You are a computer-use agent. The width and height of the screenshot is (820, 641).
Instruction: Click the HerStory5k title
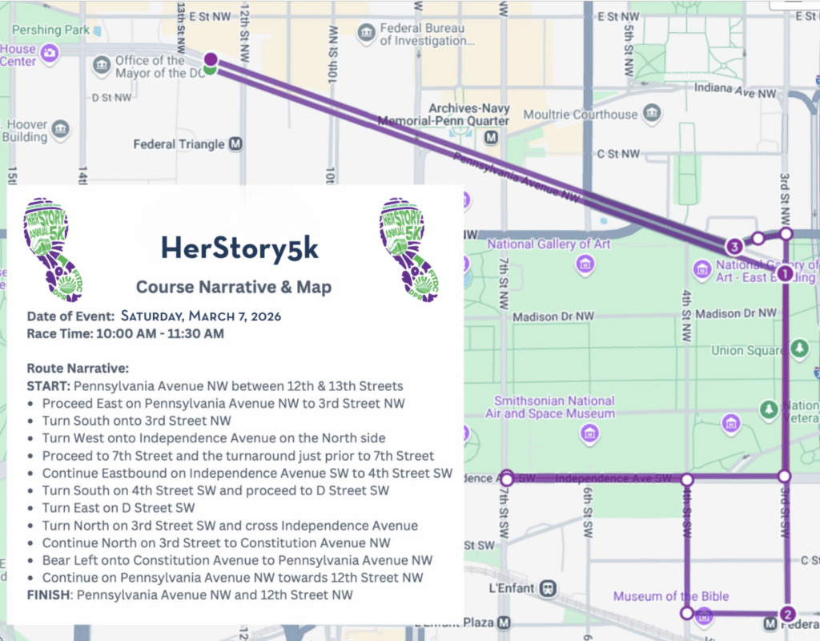pos(239,248)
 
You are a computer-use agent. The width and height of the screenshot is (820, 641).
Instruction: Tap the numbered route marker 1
pos(785,273)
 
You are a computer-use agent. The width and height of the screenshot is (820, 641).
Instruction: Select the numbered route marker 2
pos(787,614)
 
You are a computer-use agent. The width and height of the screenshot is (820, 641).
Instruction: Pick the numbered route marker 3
pos(733,246)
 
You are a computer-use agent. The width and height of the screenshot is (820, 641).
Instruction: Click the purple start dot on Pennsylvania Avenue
pos(211,58)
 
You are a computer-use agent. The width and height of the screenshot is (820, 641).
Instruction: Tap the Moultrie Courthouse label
pos(581,115)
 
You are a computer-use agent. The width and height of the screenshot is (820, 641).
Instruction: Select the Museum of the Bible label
pos(671,596)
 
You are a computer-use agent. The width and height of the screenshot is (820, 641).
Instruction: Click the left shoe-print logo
pos(57,250)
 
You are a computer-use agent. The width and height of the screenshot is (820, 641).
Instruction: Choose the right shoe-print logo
pos(411,250)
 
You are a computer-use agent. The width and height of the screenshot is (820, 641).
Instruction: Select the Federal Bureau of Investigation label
pos(422,34)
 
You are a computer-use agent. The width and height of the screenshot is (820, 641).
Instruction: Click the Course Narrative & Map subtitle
pos(233,287)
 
